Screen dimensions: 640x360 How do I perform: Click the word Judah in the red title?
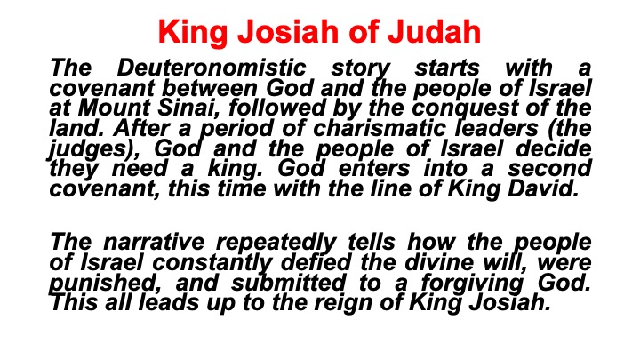click(x=434, y=31)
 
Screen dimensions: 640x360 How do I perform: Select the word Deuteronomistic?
click(x=212, y=68)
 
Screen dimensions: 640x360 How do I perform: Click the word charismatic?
click(x=380, y=129)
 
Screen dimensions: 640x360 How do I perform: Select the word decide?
click(x=554, y=148)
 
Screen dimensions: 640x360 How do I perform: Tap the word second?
click(x=549, y=169)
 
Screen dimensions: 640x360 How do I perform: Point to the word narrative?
click(x=154, y=242)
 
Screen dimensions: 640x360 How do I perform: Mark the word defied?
click(x=316, y=262)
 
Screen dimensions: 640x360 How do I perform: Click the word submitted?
click(x=289, y=283)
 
